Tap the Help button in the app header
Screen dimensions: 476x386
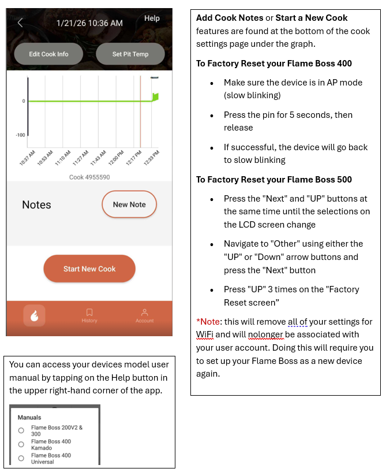point(152,18)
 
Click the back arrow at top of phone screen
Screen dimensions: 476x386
point(20,23)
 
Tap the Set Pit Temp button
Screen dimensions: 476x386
point(130,54)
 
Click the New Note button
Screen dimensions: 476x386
point(129,204)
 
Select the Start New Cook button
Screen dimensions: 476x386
point(89,269)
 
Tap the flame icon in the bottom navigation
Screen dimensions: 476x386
point(34,315)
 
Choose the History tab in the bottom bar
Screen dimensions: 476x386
point(89,315)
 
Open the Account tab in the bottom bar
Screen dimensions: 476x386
point(144,315)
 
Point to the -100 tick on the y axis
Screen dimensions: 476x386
point(20,135)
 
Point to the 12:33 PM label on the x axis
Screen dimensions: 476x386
point(152,158)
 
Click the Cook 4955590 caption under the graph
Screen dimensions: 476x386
point(89,177)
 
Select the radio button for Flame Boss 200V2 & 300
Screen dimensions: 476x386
point(21,430)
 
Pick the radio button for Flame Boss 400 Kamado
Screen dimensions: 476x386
point(21,444)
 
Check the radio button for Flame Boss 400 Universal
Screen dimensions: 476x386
point(21,458)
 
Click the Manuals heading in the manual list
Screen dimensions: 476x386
point(29,417)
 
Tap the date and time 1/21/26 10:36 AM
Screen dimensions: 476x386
point(89,23)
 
